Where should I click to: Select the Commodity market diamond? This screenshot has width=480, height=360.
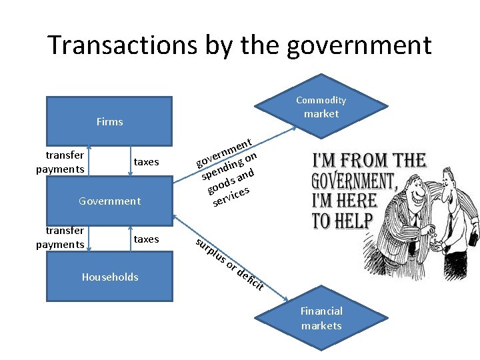[x=321, y=107]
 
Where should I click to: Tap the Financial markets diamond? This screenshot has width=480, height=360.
[x=321, y=318]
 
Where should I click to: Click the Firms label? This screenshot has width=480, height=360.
[x=109, y=121]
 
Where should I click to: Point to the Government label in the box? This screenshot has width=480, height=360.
[x=109, y=201]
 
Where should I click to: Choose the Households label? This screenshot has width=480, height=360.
[x=109, y=277]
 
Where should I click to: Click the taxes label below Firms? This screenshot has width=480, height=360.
[x=146, y=162]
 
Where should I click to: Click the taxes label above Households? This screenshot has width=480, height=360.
[x=146, y=239]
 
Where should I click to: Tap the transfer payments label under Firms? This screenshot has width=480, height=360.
[x=59, y=162]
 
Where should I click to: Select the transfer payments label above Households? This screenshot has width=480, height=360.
[x=59, y=238]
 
